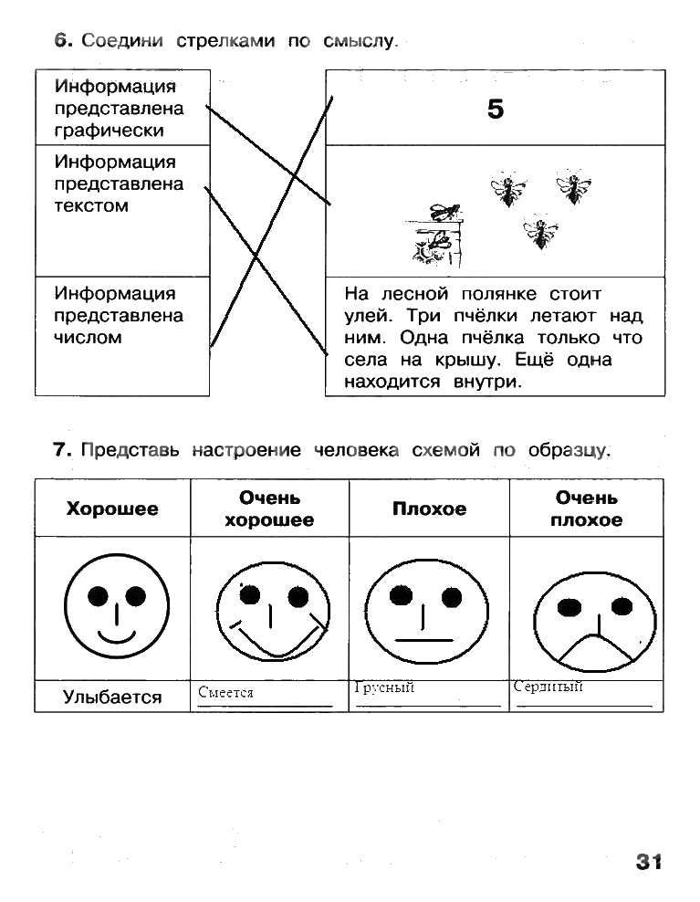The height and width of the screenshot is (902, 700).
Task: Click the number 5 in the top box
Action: pyautogui.click(x=496, y=110)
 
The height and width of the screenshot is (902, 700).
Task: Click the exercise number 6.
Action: pyautogui.click(x=62, y=40)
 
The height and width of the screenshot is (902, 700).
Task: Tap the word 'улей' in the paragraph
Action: pyautogui.click(x=367, y=316)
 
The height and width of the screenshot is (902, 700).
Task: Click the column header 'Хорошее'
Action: pyautogui.click(x=112, y=509)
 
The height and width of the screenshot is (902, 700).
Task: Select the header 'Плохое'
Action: pyautogui.click(x=429, y=509)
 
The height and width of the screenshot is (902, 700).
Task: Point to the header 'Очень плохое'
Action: pyautogui.click(x=588, y=509)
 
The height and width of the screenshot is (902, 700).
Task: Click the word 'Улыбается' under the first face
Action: pyautogui.click(x=112, y=697)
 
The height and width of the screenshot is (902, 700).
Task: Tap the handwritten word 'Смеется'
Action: pyautogui.click(x=225, y=693)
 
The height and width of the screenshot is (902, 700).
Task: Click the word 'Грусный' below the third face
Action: pyautogui.click(x=384, y=687)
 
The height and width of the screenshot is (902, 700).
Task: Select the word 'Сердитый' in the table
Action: pyautogui.click(x=548, y=687)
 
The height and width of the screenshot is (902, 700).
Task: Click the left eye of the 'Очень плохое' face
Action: pyautogui.click(x=570, y=605)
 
